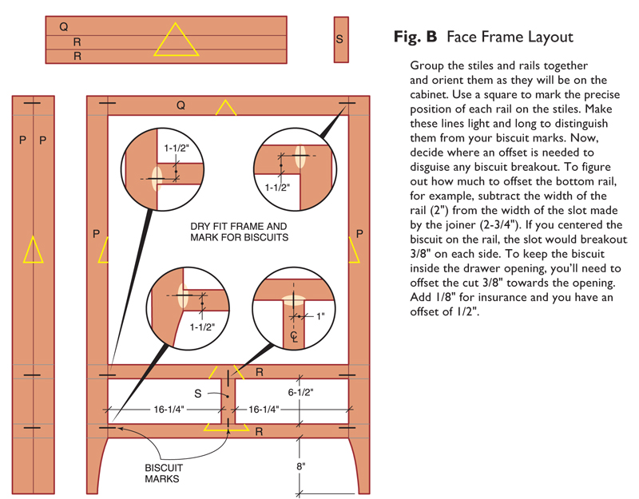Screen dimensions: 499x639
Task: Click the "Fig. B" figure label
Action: (416, 37)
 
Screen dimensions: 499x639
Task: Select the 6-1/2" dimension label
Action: (300, 392)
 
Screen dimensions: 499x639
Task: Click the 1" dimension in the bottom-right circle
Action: (321, 317)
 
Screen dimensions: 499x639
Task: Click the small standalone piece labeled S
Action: (340, 39)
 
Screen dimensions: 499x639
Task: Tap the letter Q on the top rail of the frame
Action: (181, 105)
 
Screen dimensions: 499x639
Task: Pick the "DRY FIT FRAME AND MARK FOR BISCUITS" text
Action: (238, 232)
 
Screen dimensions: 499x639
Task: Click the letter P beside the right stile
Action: (359, 234)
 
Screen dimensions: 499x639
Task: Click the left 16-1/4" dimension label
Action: (169, 409)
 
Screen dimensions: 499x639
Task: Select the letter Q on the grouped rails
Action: (63, 26)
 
